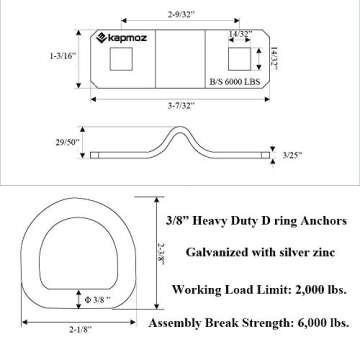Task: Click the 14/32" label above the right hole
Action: tap(238, 35)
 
